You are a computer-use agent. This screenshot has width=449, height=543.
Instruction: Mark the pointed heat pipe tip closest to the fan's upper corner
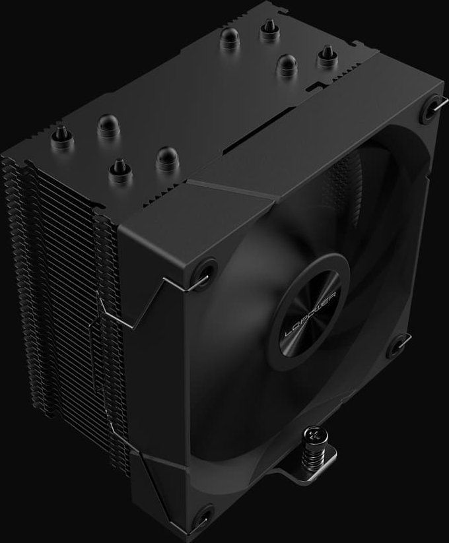[x=325, y=55]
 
